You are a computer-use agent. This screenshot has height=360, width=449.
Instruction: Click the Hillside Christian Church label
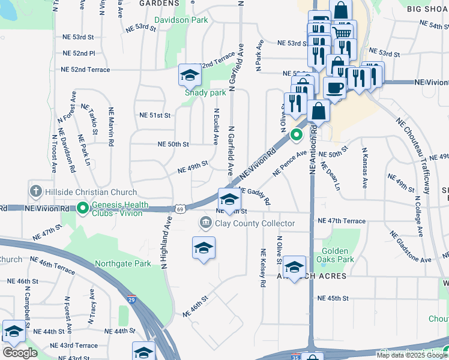(x=90, y=191)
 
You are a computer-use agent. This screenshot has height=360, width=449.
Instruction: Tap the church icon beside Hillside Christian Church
(x=35, y=191)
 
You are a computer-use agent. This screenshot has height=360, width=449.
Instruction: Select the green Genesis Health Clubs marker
(x=83, y=208)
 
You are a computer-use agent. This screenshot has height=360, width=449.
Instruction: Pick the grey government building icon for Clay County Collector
(x=205, y=224)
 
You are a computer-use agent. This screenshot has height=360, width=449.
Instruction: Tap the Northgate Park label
(x=122, y=263)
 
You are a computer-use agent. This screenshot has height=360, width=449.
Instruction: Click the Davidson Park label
(x=181, y=20)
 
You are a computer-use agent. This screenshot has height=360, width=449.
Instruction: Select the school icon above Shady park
(x=189, y=76)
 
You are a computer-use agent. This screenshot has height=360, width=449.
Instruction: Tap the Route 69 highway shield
(x=179, y=208)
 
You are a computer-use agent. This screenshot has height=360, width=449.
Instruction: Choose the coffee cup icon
(x=334, y=88)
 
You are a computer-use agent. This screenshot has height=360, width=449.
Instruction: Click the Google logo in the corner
(x=19, y=353)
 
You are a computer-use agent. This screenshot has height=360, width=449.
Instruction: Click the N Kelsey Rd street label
(x=263, y=268)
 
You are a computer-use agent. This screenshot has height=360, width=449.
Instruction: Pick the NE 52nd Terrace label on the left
(x=86, y=70)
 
